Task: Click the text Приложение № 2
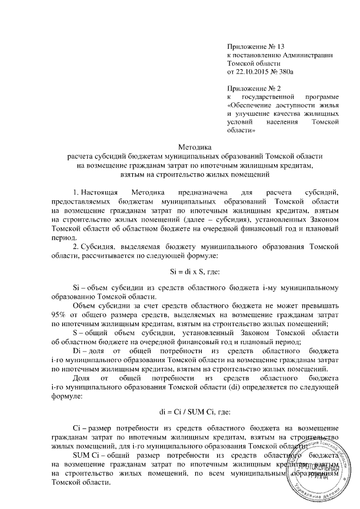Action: tap(247, 89)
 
